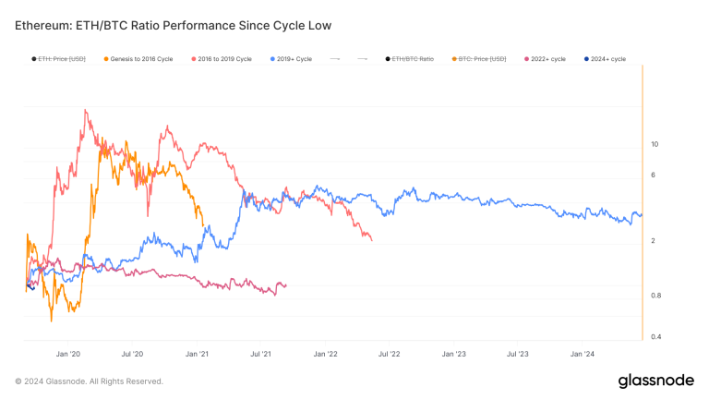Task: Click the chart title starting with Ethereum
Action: [173, 24]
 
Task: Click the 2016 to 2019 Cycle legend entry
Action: [222, 59]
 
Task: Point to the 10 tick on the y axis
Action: [655, 144]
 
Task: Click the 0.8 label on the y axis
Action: [656, 296]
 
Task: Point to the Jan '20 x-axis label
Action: [68, 354]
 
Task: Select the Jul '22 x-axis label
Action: [389, 354]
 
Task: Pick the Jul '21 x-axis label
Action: [260, 354]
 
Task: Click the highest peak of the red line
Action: [86, 111]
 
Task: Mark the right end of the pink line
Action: [286, 285]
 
